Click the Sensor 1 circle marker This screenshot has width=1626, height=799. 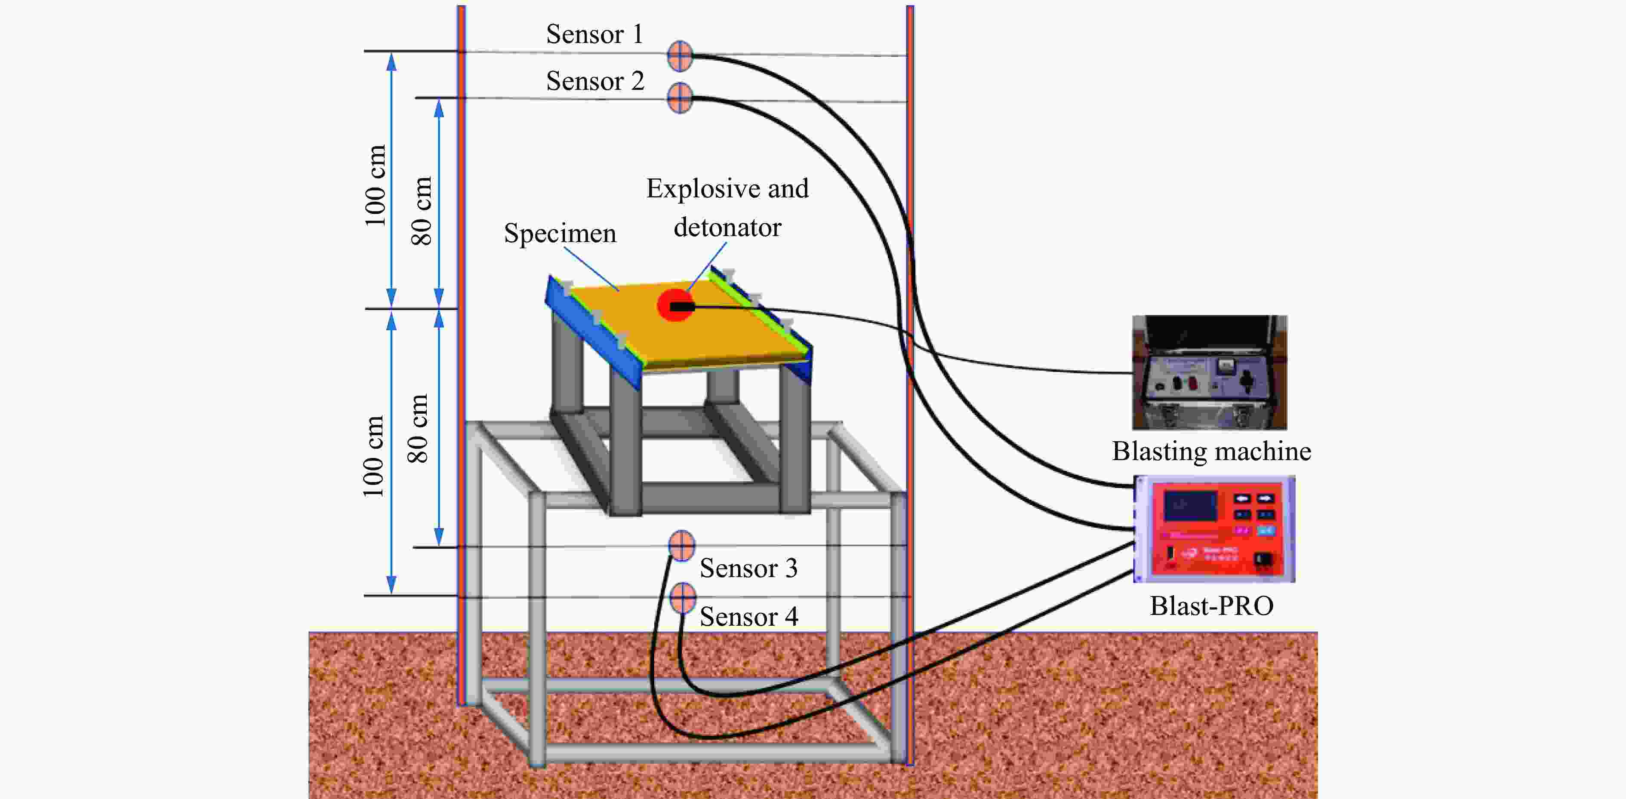pos(680,55)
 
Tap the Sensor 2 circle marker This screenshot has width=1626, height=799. pos(680,98)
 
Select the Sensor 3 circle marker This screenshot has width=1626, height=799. pos(682,545)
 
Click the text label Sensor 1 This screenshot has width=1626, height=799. pos(594,34)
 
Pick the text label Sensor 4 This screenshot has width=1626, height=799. pos(748,617)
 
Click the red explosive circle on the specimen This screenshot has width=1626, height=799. pos(675,305)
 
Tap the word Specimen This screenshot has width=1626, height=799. pos(560,234)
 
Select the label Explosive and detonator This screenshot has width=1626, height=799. pos(727,208)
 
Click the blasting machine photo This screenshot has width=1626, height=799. pos(1210,373)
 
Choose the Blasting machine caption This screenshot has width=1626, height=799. pos(1211,451)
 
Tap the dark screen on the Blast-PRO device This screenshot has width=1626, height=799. pos(1191,506)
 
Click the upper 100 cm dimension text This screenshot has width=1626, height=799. pos(375,185)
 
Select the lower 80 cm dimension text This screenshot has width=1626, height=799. pos(418,429)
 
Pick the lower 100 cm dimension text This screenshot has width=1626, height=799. pos(373,456)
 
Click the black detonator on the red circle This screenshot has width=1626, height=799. pos(682,307)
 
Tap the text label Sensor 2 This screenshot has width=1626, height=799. pos(594,81)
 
